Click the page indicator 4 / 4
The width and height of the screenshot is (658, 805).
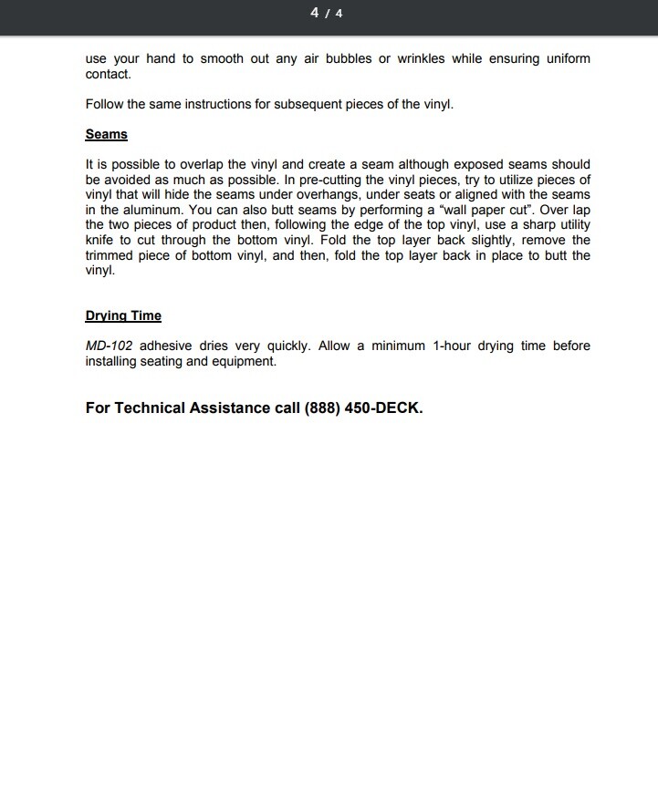pyautogui.click(x=326, y=13)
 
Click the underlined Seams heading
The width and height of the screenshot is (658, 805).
pyautogui.click(x=106, y=135)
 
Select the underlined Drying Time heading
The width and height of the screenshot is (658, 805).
pyautogui.click(x=123, y=316)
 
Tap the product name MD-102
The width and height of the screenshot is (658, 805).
pyautogui.click(x=109, y=346)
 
